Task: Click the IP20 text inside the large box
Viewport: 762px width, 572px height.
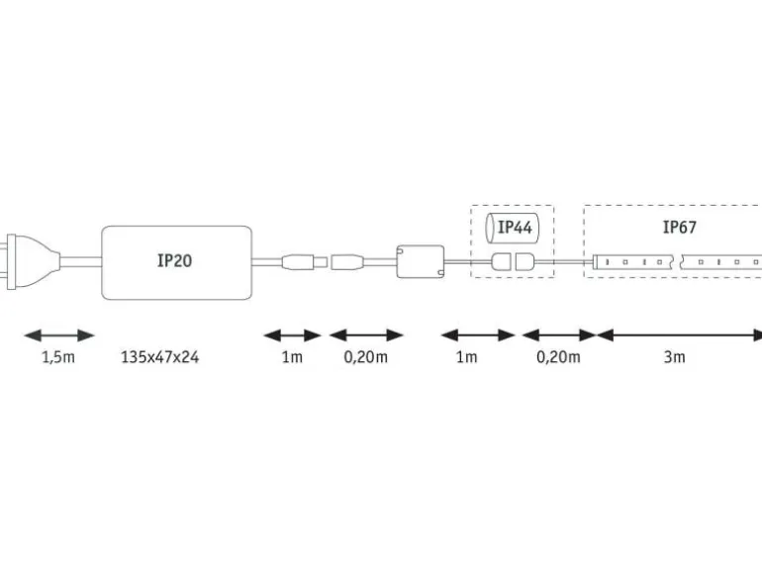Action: click(x=174, y=260)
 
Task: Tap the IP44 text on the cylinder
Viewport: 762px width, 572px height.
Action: click(x=516, y=227)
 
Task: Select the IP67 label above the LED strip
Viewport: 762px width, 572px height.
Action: click(x=680, y=227)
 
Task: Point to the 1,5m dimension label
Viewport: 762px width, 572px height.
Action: click(x=58, y=357)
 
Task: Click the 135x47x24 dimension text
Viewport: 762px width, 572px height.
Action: click(x=160, y=357)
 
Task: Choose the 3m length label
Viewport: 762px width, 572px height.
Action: click(x=675, y=357)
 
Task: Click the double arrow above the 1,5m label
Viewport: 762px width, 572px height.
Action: click(x=58, y=334)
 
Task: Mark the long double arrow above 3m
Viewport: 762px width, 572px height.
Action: click(x=679, y=334)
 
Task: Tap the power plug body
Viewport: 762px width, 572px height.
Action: click(x=30, y=262)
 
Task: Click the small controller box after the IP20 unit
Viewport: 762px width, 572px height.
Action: click(x=421, y=261)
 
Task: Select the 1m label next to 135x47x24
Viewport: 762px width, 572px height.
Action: click(x=292, y=357)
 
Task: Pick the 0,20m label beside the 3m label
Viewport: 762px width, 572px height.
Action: click(x=558, y=357)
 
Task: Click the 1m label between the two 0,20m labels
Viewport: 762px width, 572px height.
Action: click(x=466, y=357)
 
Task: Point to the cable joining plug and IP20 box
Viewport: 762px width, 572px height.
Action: click(x=81, y=261)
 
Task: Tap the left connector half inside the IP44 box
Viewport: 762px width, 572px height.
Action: click(x=501, y=261)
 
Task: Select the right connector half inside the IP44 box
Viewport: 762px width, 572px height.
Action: click(x=524, y=261)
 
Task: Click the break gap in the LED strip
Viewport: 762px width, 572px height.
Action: click(x=677, y=261)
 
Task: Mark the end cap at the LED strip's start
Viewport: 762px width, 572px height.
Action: click(x=596, y=262)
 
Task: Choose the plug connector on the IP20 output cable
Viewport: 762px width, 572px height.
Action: click(x=304, y=262)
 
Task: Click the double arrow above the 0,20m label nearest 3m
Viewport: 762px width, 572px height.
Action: click(x=559, y=334)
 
